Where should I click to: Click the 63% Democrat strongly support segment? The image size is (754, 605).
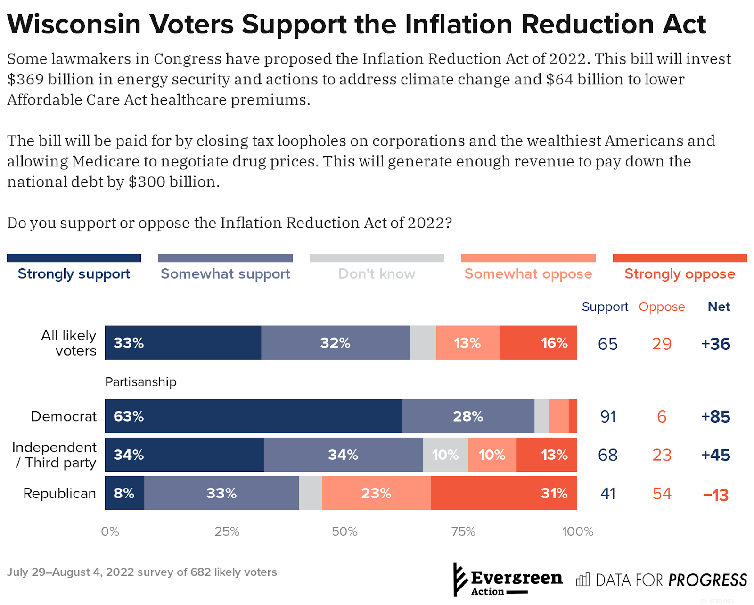[x=254, y=416]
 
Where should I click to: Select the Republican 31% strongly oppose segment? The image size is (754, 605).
[x=504, y=493]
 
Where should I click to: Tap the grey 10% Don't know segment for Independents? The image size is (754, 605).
[x=445, y=455]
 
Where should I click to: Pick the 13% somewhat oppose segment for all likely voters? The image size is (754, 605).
[x=467, y=343]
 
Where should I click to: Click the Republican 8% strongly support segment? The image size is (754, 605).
[x=124, y=493]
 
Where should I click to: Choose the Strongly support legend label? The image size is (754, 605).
[x=74, y=274]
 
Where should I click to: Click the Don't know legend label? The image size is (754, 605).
[x=377, y=274]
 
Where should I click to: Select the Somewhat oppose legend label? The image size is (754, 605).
[x=528, y=274]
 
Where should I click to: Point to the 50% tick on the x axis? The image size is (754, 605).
[x=344, y=532]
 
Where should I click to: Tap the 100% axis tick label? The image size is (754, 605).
[x=577, y=532]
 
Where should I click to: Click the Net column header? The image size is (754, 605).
[x=719, y=307]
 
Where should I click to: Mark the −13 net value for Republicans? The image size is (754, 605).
[x=715, y=495]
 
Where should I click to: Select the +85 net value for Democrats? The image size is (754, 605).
[x=715, y=417]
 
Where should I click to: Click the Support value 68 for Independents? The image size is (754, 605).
[x=607, y=455]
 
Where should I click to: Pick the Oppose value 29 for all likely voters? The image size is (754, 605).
[x=662, y=344]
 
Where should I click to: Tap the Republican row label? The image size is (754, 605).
[x=59, y=494]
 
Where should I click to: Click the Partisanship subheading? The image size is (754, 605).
[x=140, y=382]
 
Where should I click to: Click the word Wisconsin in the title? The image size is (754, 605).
[x=74, y=24]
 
